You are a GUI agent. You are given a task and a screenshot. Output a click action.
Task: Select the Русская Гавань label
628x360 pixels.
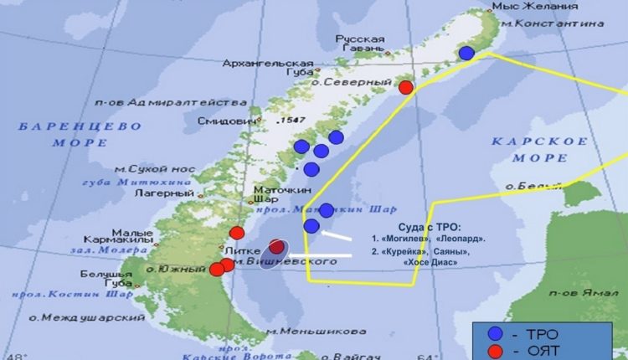click(x=360, y=44)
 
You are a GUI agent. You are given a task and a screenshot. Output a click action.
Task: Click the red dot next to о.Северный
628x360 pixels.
click(x=406, y=87)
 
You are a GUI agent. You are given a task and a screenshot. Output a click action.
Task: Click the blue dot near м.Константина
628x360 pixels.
click(x=466, y=53)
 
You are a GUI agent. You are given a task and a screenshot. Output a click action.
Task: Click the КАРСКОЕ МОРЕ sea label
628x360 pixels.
click(x=539, y=149)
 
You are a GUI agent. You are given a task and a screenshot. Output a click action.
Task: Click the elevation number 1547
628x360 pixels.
click(x=292, y=121)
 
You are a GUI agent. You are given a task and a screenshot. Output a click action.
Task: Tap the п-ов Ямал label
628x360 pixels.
click(x=584, y=293)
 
